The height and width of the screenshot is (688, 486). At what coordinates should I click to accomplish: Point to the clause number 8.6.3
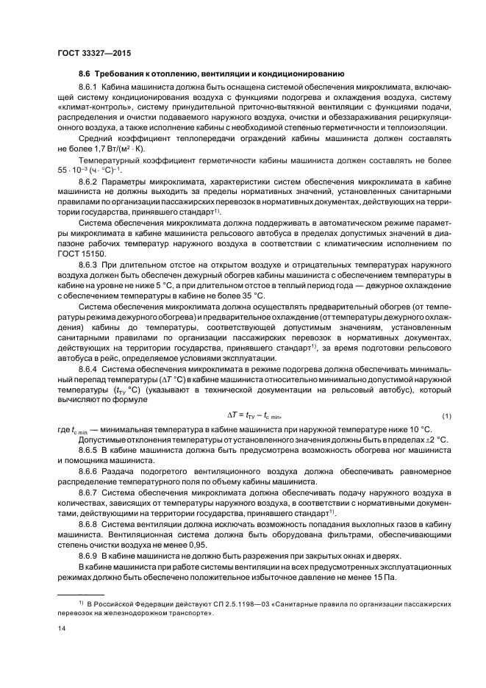(92, 262)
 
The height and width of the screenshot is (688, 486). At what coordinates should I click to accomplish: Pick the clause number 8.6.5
(92, 448)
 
